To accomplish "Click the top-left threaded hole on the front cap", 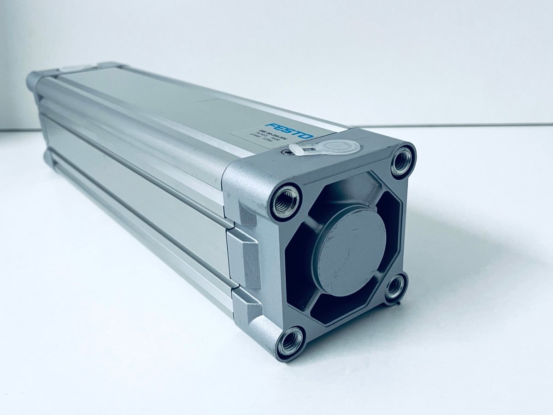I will pos(285,202).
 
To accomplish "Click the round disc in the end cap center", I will pos(350,249).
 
